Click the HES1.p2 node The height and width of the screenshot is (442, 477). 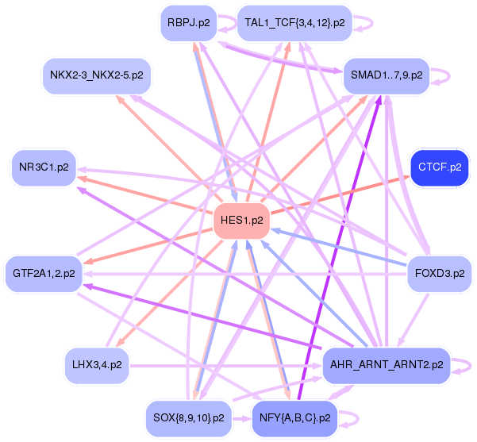241,221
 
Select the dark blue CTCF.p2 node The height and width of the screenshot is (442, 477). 440,167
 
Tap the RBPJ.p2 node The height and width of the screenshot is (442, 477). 189,23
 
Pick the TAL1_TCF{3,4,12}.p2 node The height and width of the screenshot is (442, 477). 294,23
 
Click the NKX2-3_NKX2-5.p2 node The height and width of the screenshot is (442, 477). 97,75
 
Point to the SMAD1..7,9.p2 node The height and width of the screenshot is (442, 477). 387,75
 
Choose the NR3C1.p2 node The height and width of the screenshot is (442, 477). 44,167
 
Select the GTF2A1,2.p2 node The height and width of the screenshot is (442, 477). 44,274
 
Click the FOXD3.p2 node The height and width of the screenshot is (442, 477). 440,274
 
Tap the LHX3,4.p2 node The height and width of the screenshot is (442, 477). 97,365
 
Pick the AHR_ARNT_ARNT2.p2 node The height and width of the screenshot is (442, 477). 387,365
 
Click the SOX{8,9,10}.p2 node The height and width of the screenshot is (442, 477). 189,418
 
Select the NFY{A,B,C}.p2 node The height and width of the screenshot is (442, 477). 294,418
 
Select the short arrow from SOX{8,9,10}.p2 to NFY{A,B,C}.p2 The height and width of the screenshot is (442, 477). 242,419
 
